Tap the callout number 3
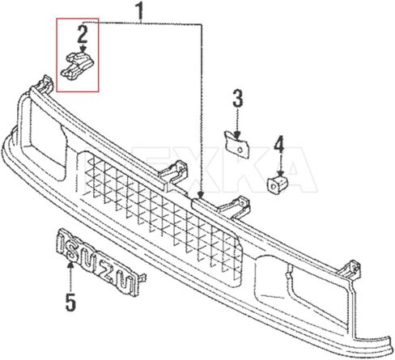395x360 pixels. [x=237, y=100]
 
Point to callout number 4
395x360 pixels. [x=278, y=146]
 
